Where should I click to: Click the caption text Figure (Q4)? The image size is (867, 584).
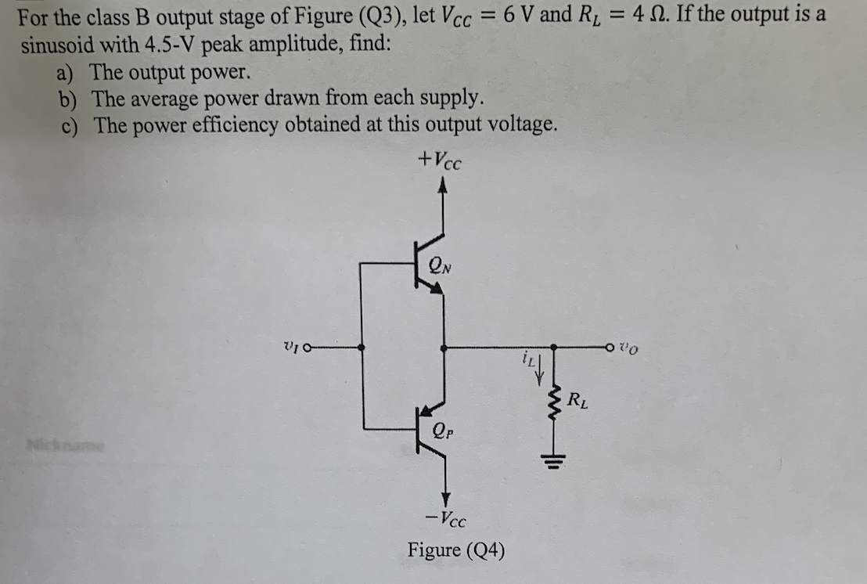455,550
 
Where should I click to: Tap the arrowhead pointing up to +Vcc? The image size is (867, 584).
444,186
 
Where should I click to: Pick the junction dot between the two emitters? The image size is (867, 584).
444,348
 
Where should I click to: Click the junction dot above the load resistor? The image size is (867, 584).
555,348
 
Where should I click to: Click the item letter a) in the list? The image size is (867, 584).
64,73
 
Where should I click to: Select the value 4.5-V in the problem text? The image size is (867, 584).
170,44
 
